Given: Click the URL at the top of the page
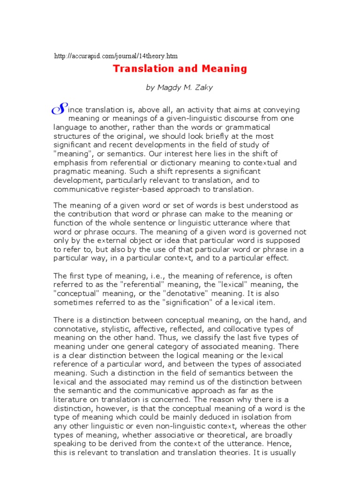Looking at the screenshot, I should (x=116, y=56).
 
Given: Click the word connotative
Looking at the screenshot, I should (x=77, y=329).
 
